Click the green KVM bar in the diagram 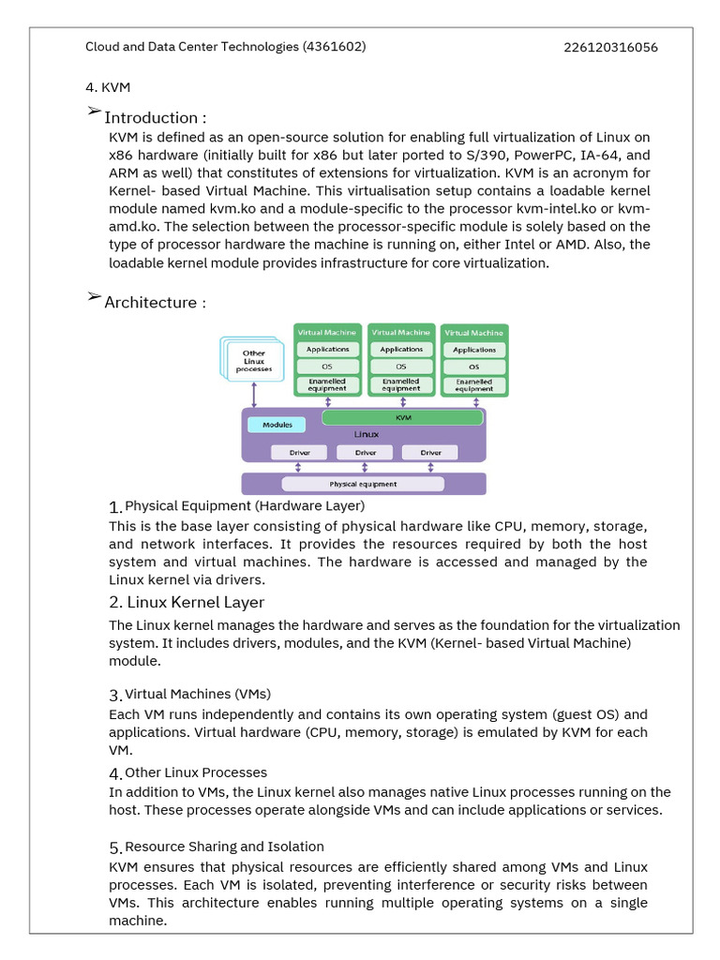click(403, 417)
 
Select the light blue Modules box click(277, 425)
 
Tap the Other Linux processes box click(254, 361)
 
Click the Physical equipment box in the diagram click(363, 484)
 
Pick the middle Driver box click(365, 453)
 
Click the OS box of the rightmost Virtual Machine click(474, 367)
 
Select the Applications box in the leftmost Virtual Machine click(327, 349)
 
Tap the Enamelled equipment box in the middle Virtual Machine click(400, 384)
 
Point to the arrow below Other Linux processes click(254, 395)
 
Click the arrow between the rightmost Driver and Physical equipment click(430, 468)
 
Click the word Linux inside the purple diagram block click(366, 435)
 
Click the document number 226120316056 click(610, 47)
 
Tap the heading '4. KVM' click(108, 87)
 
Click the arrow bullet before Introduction click(94, 112)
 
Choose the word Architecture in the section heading click(149, 302)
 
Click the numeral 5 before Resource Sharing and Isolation click(114, 847)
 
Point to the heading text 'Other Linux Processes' click(196, 772)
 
